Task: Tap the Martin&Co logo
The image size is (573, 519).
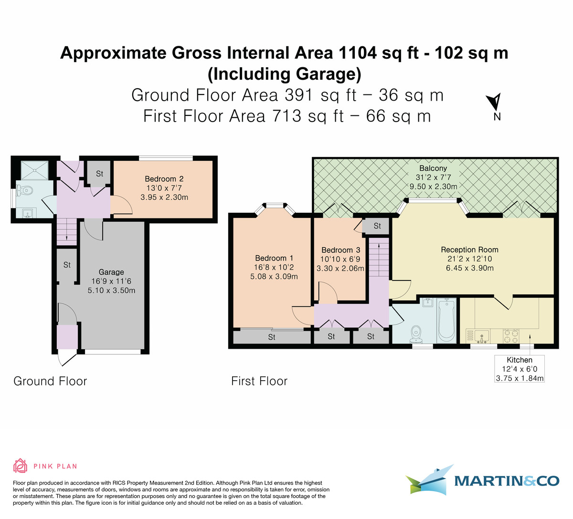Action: (482, 480)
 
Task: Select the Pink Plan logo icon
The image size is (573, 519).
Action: (20, 466)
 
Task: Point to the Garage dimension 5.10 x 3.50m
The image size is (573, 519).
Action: (111, 290)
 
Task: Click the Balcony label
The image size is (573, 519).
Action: (433, 168)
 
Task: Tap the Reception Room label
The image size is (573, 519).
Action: (469, 249)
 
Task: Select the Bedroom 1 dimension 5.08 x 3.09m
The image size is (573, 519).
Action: (274, 276)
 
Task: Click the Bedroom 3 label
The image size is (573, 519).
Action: (340, 250)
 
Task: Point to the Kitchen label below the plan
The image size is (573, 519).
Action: (520, 360)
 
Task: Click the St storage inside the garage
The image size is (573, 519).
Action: (67, 265)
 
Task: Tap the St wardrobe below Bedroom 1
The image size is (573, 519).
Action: (272, 337)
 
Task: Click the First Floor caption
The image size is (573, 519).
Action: (259, 381)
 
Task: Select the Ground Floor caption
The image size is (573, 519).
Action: (50, 381)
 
